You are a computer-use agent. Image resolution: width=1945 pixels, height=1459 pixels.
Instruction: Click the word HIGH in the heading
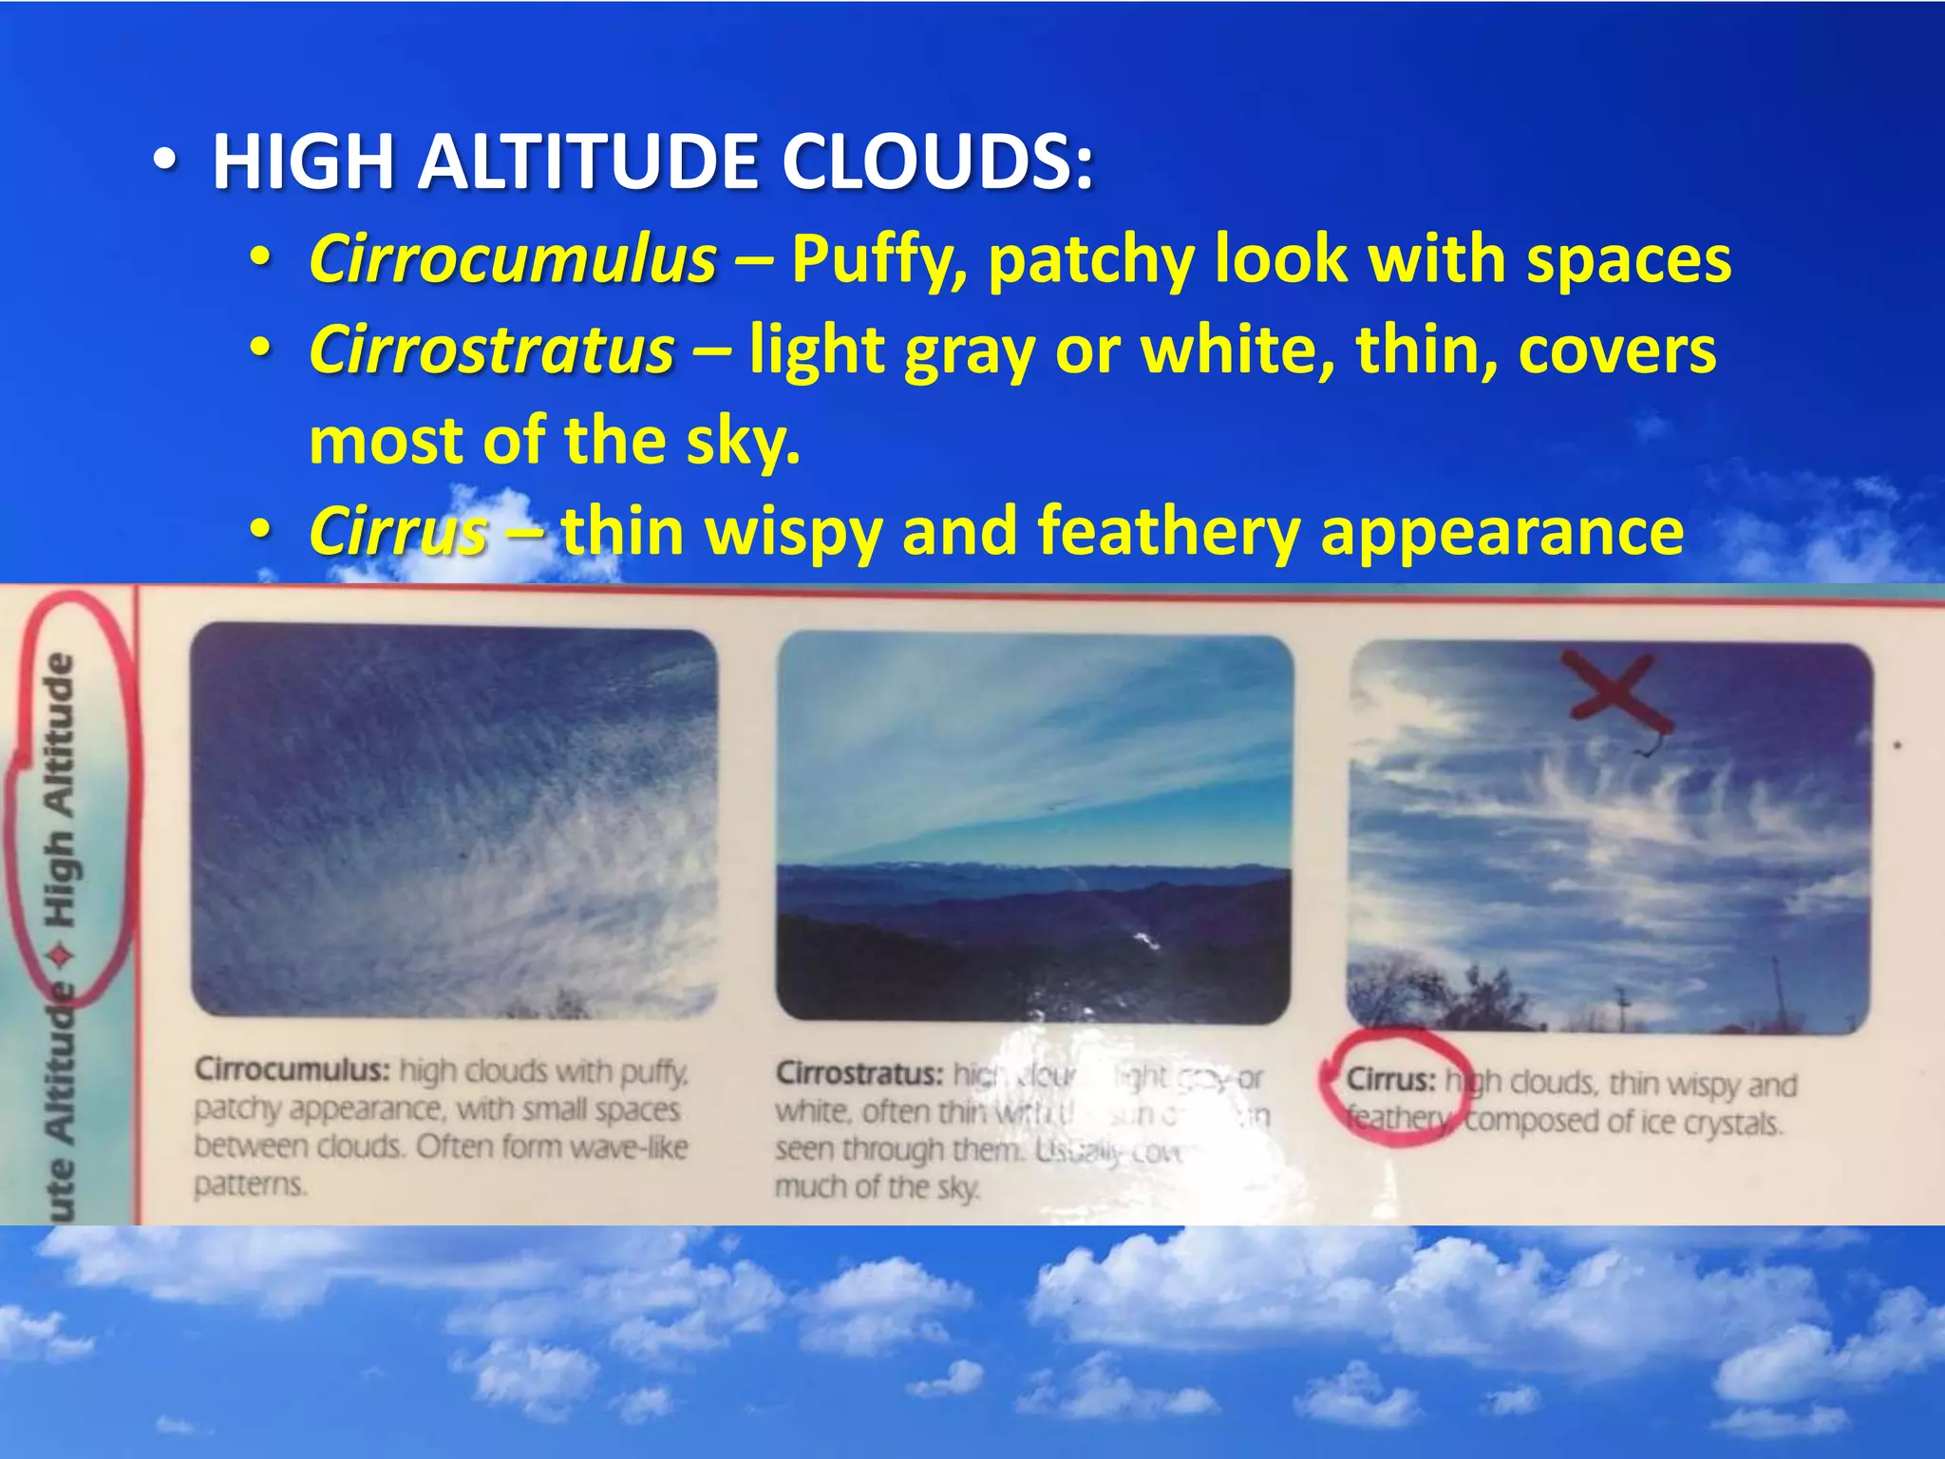[x=303, y=161]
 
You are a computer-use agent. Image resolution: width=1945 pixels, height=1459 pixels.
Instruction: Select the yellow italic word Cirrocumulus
[x=513, y=258]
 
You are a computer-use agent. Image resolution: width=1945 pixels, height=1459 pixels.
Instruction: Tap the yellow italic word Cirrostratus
[x=491, y=350]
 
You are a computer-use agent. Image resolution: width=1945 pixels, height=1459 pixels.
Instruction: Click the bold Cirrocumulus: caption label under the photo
[x=292, y=1071]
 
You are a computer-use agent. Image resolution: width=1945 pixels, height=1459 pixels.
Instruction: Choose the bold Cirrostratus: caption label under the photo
[x=859, y=1074]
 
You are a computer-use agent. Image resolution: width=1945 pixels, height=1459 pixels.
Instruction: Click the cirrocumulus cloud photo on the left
[x=454, y=822]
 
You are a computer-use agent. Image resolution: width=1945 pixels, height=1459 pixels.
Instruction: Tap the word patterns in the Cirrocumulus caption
[x=250, y=1185]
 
